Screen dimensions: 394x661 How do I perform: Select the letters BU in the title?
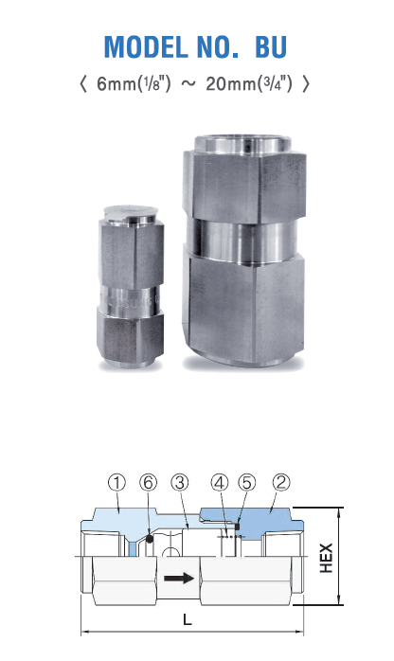point(271,46)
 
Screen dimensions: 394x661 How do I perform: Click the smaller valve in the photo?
point(131,287)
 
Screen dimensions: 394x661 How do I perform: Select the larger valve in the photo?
point(244,250)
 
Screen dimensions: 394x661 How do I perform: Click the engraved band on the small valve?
point(131,298)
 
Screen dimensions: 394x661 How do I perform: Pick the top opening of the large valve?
point(242,145)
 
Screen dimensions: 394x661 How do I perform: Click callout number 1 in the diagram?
point(117,482)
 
